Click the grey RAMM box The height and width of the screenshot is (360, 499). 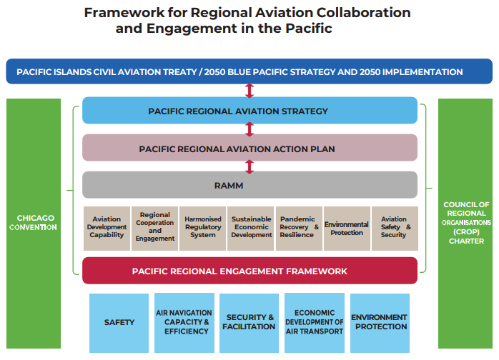click(x=249, y=186)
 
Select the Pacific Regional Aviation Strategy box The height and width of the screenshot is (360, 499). click(x=249, y=111)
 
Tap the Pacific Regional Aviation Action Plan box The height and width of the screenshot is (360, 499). click(x=249, y=149)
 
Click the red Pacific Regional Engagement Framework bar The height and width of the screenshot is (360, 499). click(x=249, y=271)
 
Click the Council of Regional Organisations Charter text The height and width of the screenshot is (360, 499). click(x=466, y=222)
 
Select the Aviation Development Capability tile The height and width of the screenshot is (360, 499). click(x=107, y=228)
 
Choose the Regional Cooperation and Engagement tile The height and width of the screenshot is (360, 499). click(x=155, y=228)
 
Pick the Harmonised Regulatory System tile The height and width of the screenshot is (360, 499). click(x=203, y=228)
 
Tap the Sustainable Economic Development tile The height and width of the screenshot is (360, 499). click(x=252, y=228)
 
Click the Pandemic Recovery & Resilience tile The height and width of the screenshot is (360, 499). click(x=300, y=228)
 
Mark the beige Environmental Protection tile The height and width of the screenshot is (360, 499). click(x=347, y=228)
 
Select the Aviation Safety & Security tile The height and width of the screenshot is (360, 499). click(x=394, y=228)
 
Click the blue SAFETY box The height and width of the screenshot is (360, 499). click(x=119, y=322)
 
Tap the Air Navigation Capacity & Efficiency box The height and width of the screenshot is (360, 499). click(x=184, y=322)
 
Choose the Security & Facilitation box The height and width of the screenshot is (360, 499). click(x=249, y=322)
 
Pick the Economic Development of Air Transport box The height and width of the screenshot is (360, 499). click(x=314, y=322)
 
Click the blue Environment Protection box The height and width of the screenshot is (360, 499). click(x=379, y=322)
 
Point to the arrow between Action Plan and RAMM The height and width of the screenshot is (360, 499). click(x=249, y=166)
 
